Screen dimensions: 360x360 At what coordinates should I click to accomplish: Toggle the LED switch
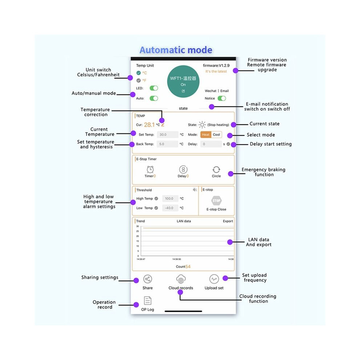click(x=154, y=88)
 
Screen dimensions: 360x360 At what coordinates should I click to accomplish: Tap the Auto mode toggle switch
click(x=154, y=98)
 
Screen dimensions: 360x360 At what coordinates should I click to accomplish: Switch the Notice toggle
click(x=222, y=98)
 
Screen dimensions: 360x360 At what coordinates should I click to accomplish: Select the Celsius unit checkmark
click(x=139, y=73)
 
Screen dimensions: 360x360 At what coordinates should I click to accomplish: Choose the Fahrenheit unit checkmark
click(x=139, y=80)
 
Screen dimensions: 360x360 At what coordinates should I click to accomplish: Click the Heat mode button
click(x=206, y=135)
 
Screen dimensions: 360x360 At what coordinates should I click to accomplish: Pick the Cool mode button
click(x=216, y=135)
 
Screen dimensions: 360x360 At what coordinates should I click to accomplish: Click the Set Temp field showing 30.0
click(x=168, y=135)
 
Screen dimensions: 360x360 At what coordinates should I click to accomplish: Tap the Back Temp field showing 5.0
click(x=168, y=144)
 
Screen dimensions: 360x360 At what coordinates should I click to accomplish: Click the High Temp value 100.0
click(x=170, y=199)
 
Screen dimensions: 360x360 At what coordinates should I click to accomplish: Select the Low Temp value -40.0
click(x=170, y=208)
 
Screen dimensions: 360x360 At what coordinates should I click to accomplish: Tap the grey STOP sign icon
click(x=216, y=201)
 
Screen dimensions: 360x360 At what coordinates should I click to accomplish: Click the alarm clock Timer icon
click(x=150, y=169)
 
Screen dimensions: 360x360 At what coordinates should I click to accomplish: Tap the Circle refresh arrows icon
click(x=216, y=169)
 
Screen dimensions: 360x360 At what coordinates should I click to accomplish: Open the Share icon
click(x=148, y=279)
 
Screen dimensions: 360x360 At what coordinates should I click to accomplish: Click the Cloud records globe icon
click(x=181, y=279)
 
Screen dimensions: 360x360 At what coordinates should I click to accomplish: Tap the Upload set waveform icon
click(x=214, y=279)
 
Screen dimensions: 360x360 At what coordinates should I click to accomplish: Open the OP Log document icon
click(x=148, y=300)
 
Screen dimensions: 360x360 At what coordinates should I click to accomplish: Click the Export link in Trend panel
click(x=228, y=221)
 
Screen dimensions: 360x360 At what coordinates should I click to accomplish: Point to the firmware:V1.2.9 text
click(x=216, y=65)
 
